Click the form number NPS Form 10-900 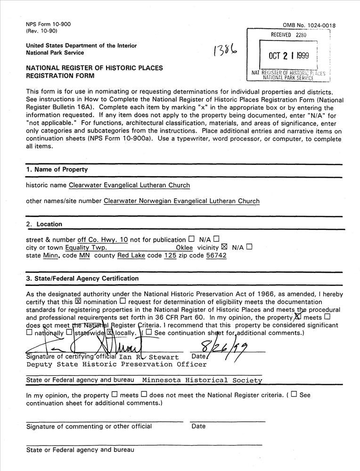[42, 24]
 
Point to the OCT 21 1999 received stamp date [288, 56]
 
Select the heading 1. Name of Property [57, 170]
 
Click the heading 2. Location [44, 224]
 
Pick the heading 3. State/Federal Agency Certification [82, 278]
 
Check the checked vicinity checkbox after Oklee [224, 247]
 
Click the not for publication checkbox [191, 239]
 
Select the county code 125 [170, 255]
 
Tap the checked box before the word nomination [78, 300]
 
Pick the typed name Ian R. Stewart [148, 357]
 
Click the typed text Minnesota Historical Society [202, 380]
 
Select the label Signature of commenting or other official [89, 426]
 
